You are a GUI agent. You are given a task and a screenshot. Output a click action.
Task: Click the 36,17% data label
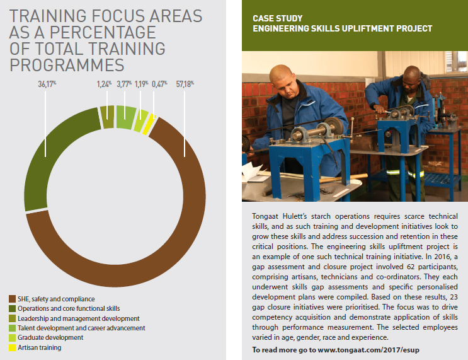[47, 84]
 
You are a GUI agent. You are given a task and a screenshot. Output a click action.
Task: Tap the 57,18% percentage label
[185, 84]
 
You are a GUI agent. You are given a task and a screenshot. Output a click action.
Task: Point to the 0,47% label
[159, 84]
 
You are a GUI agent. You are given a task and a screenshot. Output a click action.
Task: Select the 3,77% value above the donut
[124, 84]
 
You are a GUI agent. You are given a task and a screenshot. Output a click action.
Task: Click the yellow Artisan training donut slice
[149, 124]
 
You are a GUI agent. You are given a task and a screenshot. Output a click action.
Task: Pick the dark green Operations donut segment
[48, 155]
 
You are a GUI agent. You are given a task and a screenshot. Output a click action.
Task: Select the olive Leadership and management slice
[107, 117]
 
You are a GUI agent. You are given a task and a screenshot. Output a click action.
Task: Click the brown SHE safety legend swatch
[12, 299]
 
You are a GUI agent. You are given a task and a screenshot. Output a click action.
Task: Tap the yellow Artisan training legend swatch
[12, 347]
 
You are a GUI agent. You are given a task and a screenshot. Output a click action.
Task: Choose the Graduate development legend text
[50, 337]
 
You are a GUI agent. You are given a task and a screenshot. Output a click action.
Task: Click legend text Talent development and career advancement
[81, 328]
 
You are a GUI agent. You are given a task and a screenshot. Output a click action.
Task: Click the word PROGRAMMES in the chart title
[67, 65]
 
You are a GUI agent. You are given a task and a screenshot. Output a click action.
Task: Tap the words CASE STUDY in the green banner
[278, 18]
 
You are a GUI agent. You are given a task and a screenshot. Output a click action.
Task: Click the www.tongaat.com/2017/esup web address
[368, 350]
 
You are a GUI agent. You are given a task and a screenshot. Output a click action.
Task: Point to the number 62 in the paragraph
[411, 267]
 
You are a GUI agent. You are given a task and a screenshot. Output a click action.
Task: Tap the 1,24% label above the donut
[104, 84]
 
